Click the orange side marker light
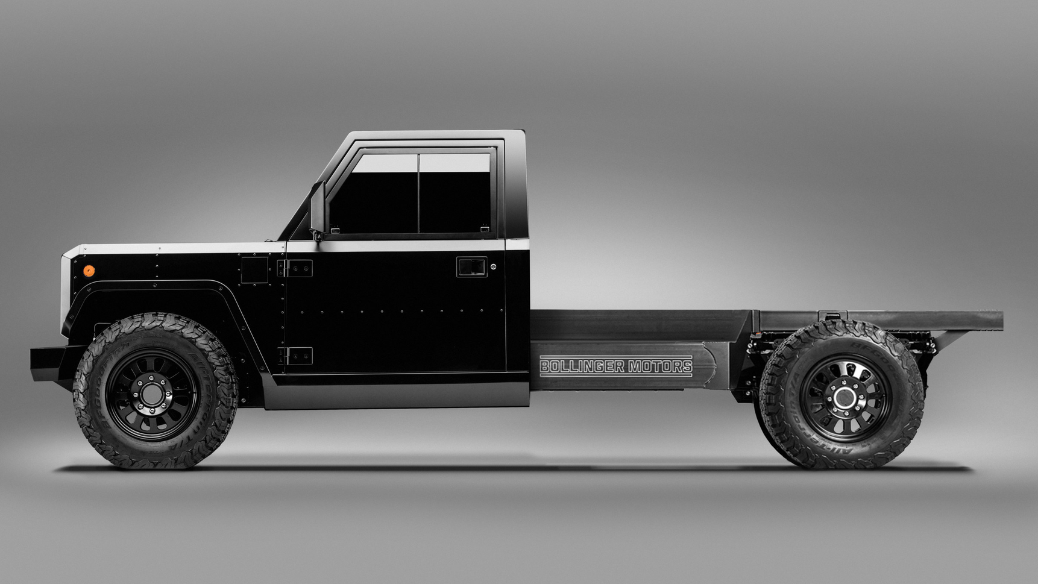click(89, 271)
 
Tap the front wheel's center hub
click(152, 395)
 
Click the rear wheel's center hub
click(844, 398)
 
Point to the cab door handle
click(471, 266)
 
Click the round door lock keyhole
click(494, 266)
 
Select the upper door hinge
click(295, 268)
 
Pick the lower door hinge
click(295, 356)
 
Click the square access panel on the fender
click(254, 269)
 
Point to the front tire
click(96, 422)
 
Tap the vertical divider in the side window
click(418, 193)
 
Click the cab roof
click(434, 135)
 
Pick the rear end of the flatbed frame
click(995, 320)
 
